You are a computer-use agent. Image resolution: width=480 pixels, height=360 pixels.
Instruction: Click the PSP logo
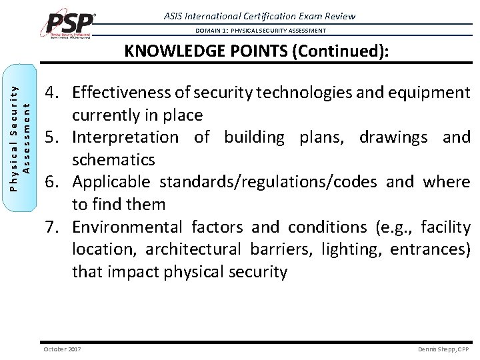[x=69, y=23]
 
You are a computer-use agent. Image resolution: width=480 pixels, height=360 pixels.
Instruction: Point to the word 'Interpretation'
[x=125, y=137]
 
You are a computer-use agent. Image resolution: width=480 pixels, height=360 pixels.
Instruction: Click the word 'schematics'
[x=113, y=160]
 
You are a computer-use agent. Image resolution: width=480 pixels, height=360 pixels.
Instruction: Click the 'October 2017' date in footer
[x=61, y=349]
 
